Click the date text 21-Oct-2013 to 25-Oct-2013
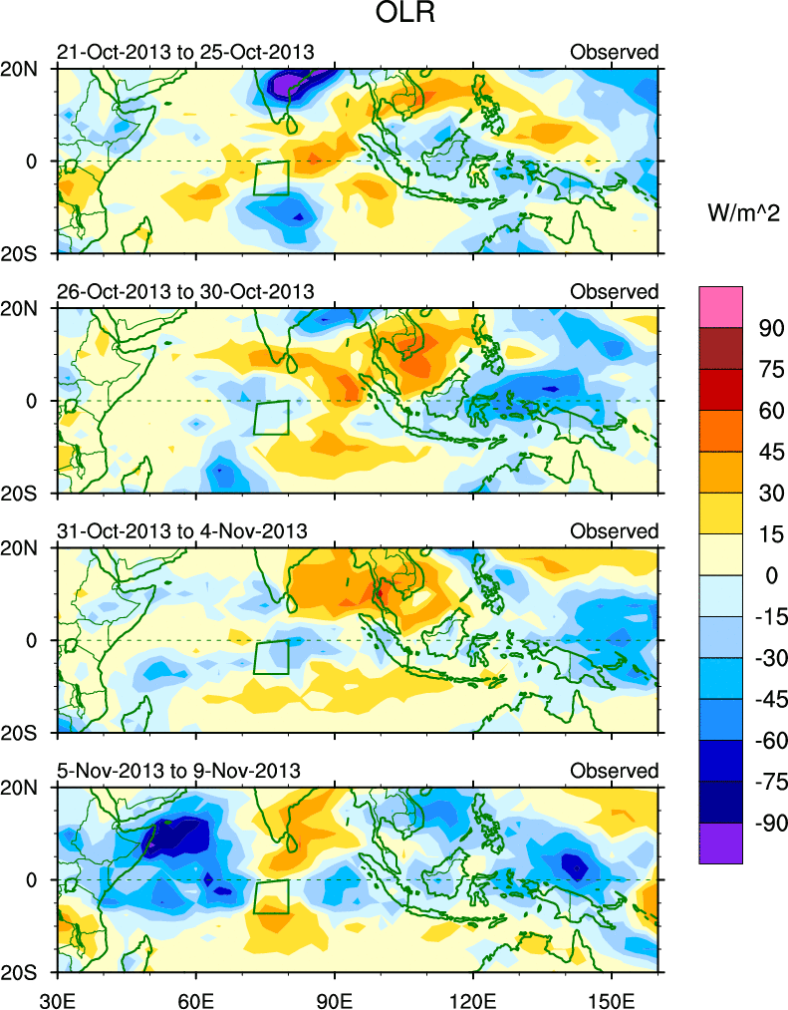[x=184, y=52]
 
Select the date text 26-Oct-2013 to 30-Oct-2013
[x=184, y=291]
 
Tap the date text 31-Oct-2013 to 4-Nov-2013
[x=181, y=530]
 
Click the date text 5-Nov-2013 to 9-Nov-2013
[x=177, y=770]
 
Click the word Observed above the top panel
[x=614, y=52]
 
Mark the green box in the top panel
[x=271, y=177]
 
